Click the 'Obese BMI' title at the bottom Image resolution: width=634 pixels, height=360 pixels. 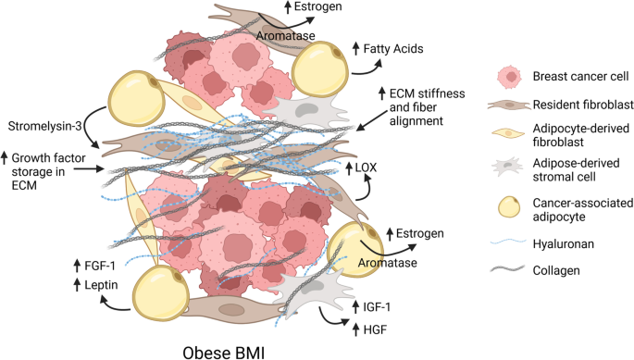(224, 353)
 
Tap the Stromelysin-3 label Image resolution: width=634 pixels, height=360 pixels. (44, 126)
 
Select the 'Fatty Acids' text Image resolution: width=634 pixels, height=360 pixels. (393, 49)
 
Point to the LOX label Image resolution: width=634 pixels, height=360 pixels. (366, 168)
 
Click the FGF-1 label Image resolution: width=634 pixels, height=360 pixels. (100, 266)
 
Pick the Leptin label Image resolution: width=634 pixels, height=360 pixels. (101, 285)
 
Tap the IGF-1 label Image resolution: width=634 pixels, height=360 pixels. (377, 307)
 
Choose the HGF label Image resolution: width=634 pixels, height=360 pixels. (375, 330)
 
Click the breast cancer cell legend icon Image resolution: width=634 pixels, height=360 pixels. (509, 77)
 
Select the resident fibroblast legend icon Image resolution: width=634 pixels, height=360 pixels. (509, 105)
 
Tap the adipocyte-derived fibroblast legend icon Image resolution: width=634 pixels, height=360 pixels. (509, 133)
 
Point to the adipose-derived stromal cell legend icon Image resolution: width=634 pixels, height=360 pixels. (508, 167)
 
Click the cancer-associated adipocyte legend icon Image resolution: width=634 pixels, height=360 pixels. (509, 207)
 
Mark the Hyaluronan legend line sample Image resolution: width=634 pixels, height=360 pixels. (508, 242)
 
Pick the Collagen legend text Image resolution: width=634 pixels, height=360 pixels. (556, 270)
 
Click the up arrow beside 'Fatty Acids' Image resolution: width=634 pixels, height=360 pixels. (355, 48)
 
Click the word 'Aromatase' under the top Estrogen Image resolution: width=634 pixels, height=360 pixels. (285, 35)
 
